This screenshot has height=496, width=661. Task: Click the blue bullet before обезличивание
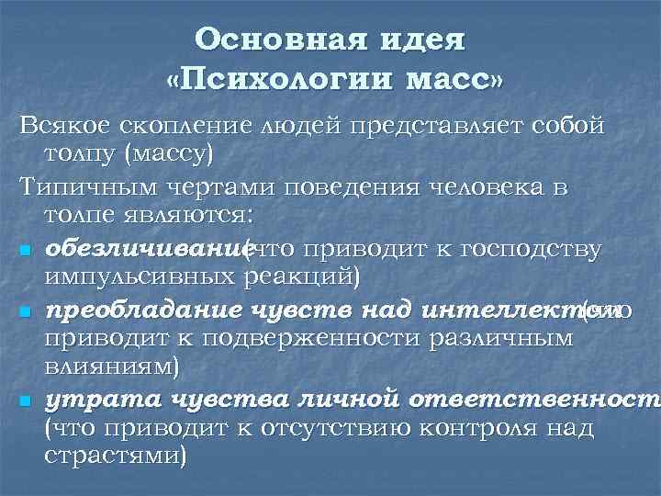point(25,251)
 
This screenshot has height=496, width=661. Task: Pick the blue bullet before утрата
point(25,401)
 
